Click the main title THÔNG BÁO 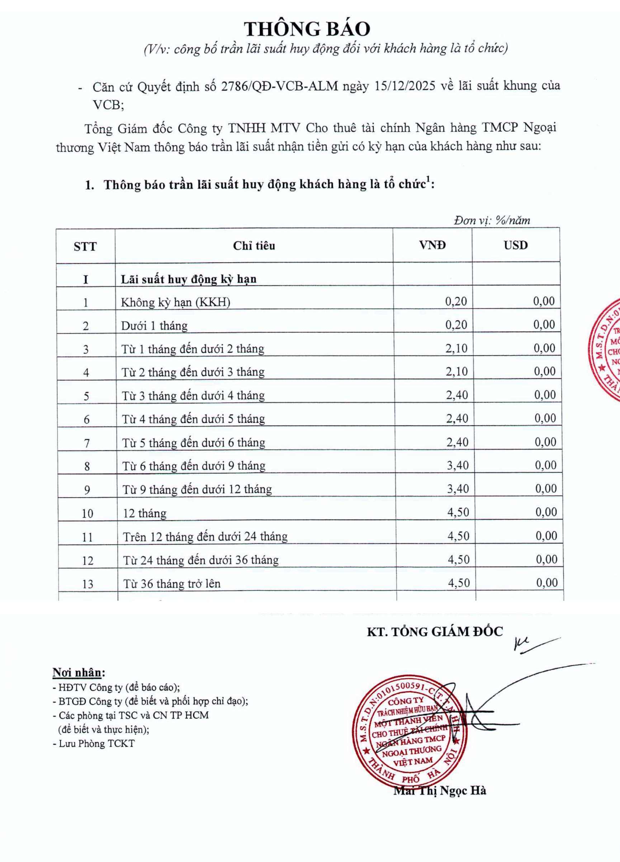(307, 29)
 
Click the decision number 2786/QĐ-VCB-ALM (279, 87)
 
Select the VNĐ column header (432, 245)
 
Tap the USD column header (516, 245)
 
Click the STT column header (85, 247)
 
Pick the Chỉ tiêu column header (254, 246)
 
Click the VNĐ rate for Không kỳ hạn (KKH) (456, 302)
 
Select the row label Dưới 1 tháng (154, 326)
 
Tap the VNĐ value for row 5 (457, 395)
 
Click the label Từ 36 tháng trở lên (171, 583)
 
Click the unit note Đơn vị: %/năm (492, 221)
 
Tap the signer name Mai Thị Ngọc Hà (439, 791)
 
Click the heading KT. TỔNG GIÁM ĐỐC (435, 632)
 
